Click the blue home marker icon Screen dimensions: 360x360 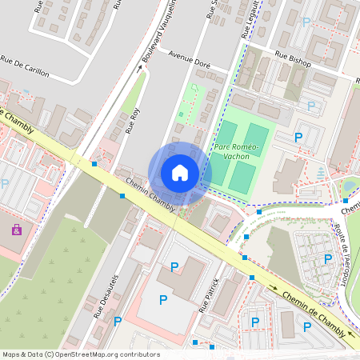[x=180, y=173]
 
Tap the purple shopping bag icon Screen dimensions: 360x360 [x=16, y=230]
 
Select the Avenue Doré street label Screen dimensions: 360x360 [x=190, y=58]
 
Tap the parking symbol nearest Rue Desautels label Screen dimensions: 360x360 [x=118, y=322]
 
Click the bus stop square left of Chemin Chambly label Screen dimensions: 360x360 [x=122, y=195]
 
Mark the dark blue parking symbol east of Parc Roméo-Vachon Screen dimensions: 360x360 [x=298, y=138]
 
